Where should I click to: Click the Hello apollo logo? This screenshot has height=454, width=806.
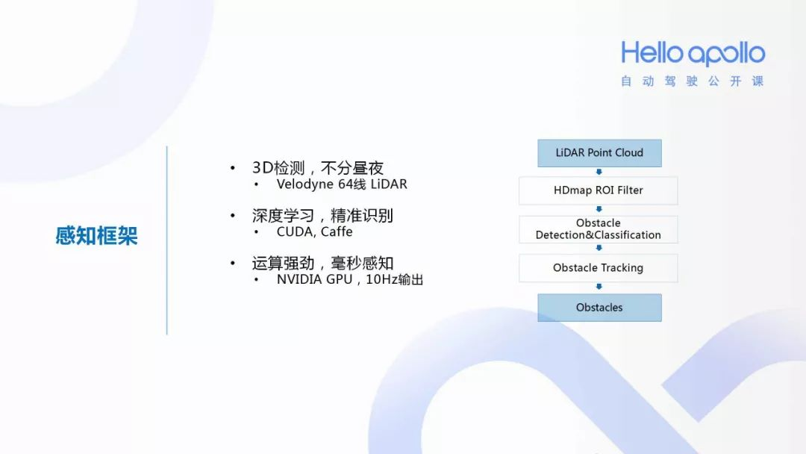coord(693,54)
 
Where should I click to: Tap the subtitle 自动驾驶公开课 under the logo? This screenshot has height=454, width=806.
coord(693,81)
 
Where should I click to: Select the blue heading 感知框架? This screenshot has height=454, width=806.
coord(96,236)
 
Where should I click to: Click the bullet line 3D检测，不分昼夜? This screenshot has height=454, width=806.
coord(318,168)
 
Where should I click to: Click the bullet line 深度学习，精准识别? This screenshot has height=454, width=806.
coord(322,216)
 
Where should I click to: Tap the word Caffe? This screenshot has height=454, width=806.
coord(337,231)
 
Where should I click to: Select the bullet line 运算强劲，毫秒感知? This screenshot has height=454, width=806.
coord(322,264)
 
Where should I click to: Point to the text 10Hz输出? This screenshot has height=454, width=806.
coord(395,279)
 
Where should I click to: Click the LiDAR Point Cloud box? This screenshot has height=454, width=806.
coord(599,153)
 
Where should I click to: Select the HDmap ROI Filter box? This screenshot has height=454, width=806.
coord(599,190)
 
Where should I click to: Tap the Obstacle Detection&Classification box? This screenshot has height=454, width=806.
coord(599,229)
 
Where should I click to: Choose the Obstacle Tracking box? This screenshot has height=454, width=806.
coord(599,268)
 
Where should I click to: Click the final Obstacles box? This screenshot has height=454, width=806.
coord(599,308)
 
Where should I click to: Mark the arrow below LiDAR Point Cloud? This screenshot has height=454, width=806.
coord(599,172)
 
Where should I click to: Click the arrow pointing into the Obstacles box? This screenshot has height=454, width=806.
coord(599,287)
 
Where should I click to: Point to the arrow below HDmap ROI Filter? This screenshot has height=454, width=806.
coord(599,210)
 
